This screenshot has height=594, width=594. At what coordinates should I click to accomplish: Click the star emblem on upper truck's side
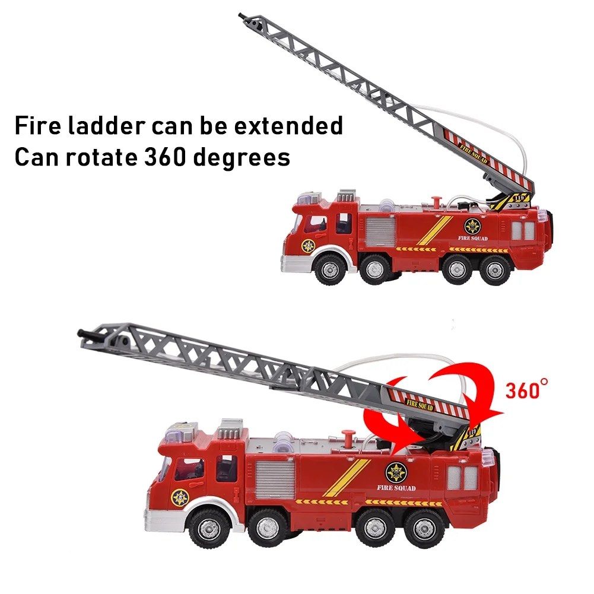click(472, 226)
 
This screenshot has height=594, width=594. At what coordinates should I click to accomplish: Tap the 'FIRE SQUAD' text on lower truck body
click(396, 488)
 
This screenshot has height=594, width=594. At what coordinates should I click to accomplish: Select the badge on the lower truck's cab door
click(180, 497)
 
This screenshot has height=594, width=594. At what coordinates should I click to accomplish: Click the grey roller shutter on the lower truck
click(275, 480)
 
